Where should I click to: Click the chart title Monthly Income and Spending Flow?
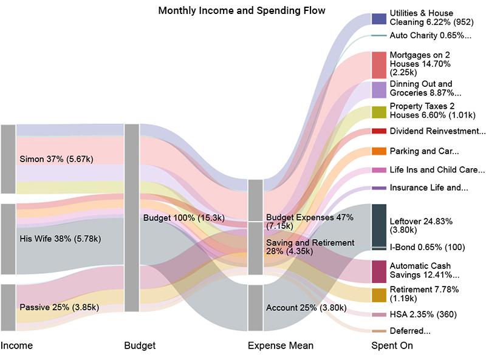coord(242,11)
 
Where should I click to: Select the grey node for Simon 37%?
coord(8,159)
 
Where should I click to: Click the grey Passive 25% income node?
coord(8,307)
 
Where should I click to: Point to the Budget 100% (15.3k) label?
coord(183,217)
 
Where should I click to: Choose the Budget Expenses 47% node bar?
coord(255,200)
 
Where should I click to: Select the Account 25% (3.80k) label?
coord(306,308)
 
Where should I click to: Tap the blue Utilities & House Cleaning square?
coord(378,18)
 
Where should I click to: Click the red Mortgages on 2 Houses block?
coord(378,65)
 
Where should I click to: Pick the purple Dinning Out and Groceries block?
coord(378,90)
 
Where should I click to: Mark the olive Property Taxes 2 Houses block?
coord(378,112)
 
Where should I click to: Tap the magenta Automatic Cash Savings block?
coord(378,271)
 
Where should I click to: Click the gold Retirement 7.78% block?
coord(378,295)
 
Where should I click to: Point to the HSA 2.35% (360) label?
coord(423,314)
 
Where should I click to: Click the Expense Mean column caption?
coord(281,345)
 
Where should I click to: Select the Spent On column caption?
coord(392,345)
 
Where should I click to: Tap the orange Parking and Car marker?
coord(378,151)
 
